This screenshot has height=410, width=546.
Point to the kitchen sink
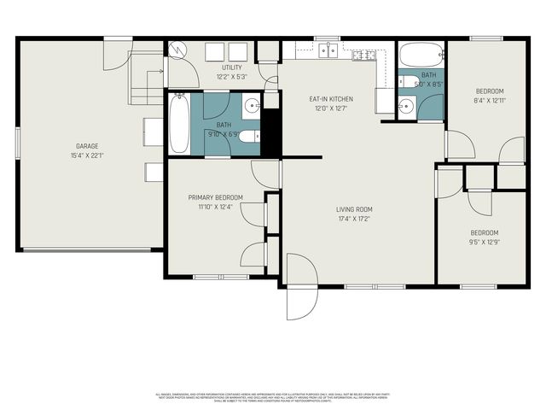pyautogui.click(x=328, y=50)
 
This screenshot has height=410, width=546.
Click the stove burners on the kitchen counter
pyautogui.click(x=362, y=56)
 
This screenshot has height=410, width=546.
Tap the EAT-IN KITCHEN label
pyautogui.click(x=331, y=99)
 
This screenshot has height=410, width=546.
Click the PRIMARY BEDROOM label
pyautogui.click(x=215, y=197)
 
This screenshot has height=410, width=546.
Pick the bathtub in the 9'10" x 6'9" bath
pyautogui.click(x=178, y=125)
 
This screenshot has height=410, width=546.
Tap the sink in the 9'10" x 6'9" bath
pyautogui.click(x=252, y=107)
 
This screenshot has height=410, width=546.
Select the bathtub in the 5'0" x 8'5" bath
pyautogui.click(x=421, y=57)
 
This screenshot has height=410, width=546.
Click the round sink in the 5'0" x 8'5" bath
pyautogui.click(x=406, y=107)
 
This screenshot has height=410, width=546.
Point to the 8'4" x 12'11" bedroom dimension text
pyautogui.click(x=489, y=101)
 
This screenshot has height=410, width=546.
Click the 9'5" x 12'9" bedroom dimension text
pyautogui.click(x=484, y=242)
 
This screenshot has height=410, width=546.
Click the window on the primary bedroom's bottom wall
pyautogui.click(x=208, y=277)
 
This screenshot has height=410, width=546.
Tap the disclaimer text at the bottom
pyautogui.click(x=273, y=397)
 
